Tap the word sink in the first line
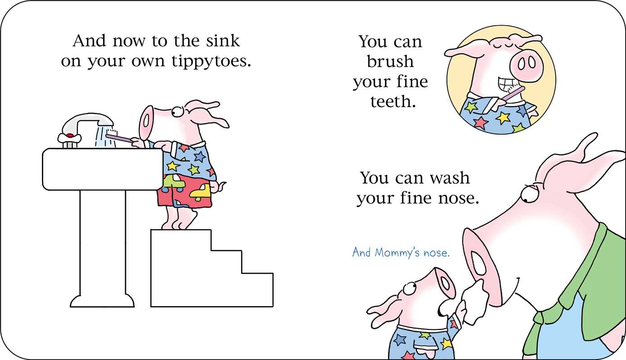[x=223, y=41]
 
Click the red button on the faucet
[x=70, y=136]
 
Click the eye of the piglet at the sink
[x=176, y=112]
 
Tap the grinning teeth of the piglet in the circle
[x=507, y=84]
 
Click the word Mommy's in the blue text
[x=396, y=252]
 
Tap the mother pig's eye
[x=528, y=195]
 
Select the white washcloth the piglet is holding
[x=476, y=302]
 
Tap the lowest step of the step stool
[x=257, y=290]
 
